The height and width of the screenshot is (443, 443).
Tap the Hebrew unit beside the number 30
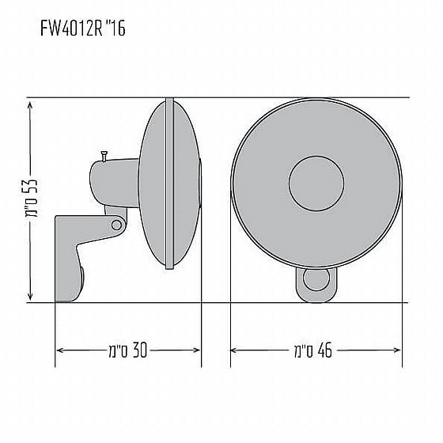click(114, 349)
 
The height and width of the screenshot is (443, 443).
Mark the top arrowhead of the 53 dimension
click(29, 103)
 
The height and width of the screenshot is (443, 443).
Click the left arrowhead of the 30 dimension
click(59, 349)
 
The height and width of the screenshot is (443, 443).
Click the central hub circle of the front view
click(316, 184)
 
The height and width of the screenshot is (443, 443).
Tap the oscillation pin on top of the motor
click(104, 156)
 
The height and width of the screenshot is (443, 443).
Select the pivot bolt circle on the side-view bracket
click(116, 225)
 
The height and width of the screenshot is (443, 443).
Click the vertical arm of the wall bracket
click(64, 261)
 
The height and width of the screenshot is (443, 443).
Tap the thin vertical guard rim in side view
click(168, 184)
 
